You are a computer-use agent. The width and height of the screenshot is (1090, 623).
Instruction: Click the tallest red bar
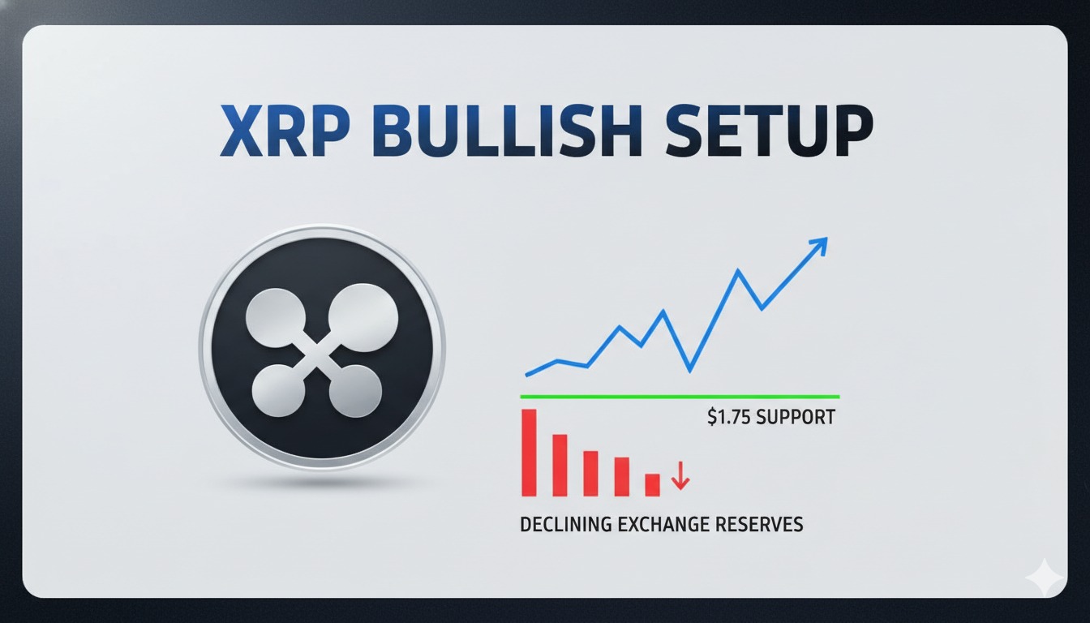coord(529,452)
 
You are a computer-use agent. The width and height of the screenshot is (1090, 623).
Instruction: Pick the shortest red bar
coord(652,484)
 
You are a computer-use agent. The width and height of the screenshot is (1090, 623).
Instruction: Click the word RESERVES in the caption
coord(758,524)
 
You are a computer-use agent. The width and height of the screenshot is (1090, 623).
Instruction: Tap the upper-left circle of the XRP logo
coord(279,316)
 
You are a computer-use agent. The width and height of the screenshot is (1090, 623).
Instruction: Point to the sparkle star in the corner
coord(1045,578)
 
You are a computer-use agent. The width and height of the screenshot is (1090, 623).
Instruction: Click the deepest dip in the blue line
coord(690,370)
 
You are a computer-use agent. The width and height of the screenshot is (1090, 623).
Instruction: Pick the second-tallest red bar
coord(560,465)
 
